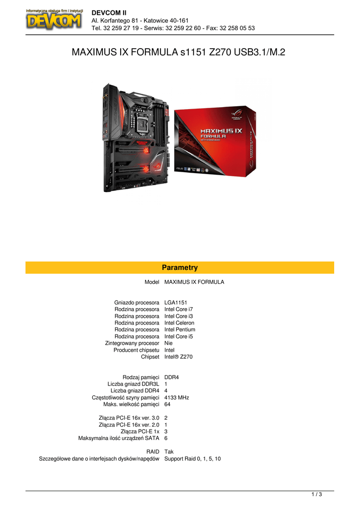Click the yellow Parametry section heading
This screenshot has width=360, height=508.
coord(180,267)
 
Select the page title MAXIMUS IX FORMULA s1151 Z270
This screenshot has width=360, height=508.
coord(179,52)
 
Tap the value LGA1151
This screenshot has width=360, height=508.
coord(176,302)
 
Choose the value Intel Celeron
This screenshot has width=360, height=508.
coord(179,322)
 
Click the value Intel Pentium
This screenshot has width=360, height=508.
coord(180,329)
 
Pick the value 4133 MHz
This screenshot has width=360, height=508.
coord(176,397)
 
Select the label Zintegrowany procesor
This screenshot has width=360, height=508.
coord(132,343)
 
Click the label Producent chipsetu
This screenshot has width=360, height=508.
coord(136,350)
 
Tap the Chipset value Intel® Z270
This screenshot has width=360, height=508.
coord(178,357)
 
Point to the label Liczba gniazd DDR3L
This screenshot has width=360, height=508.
coord(133,384)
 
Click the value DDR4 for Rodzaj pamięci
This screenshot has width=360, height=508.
coord(171,377)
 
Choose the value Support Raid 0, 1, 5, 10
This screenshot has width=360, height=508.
coord(193,459)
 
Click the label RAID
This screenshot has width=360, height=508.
coord(152,452)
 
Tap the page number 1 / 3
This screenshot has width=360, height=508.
coord(316,494)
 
